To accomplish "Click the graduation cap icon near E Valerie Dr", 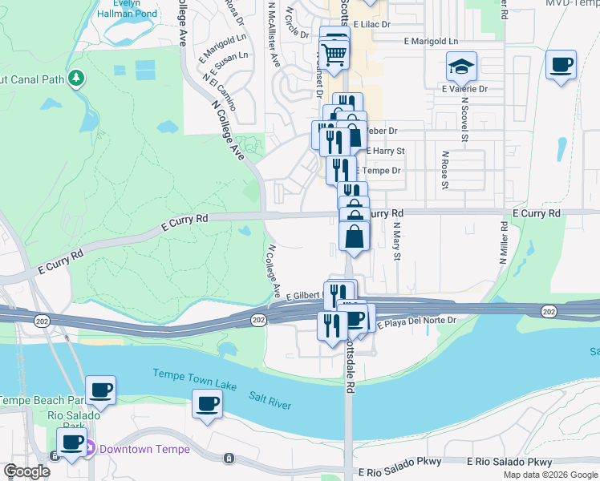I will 461,67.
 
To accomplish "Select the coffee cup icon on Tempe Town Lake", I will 207,404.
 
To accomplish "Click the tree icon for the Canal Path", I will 76,78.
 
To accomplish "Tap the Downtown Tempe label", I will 144,449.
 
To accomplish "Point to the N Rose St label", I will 444,169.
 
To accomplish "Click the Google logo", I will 27,472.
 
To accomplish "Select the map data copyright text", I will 549,475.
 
